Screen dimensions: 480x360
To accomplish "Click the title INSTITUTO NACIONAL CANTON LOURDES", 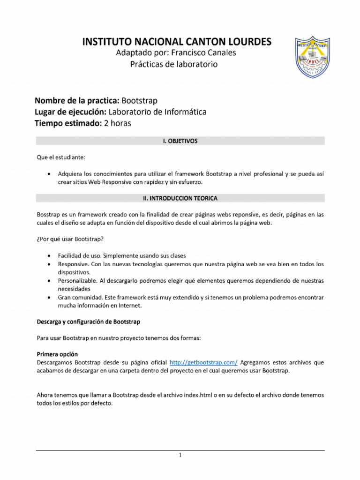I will [x=177, y=42].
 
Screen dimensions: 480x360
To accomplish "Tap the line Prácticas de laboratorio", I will [x=174, y=64].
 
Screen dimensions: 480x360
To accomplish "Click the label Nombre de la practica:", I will [x=77, y=101].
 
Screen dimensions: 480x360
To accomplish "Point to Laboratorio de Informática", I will [x=157, y=112].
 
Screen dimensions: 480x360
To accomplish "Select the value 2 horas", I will [x=118, y=123].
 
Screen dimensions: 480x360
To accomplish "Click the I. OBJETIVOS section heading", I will [x=180, y=141].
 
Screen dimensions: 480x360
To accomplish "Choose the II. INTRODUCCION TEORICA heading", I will [x=180, y=198].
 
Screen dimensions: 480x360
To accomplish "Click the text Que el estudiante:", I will [x=61, y=157].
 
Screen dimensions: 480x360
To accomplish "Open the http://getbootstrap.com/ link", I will [x=203, y=362].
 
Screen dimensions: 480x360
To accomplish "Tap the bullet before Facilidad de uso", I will [x=50, y=256].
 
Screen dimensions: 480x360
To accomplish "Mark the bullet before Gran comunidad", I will [x=50, y=298].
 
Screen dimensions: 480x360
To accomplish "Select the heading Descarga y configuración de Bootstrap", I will [x=88, y=322].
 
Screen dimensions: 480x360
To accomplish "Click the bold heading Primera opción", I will [x=57, y=354].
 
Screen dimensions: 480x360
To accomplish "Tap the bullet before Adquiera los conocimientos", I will [x=50, y=174].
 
